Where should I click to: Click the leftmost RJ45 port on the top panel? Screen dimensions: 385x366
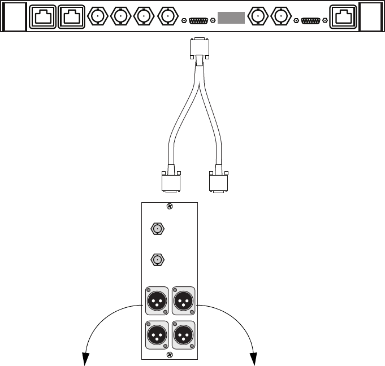(43, 17)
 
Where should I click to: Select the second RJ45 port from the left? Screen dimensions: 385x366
(71, 17)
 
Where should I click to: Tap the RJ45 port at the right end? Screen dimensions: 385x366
(344, 17)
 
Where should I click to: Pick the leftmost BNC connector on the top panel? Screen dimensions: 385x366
(98, 17)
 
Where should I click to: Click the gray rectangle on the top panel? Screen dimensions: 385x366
(231, 17)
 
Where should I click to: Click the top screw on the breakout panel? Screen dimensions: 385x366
(170, 207)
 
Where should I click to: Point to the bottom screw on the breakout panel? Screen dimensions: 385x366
(170, 355)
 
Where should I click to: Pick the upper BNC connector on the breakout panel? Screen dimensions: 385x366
(157, 229)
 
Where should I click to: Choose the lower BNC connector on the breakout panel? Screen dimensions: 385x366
(157, 259)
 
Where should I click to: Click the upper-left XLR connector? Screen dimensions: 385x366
(157, 300)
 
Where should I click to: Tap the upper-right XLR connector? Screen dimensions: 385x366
(183, 300)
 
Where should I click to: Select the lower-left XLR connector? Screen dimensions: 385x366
(157, 334)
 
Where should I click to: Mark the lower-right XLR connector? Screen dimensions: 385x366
(183, 334)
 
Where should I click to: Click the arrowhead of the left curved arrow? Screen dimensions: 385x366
(85, 359)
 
